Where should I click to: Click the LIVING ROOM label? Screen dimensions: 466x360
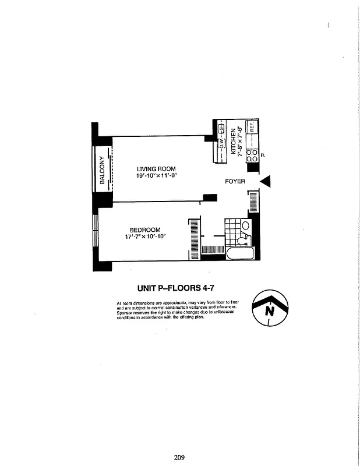coord(156,169)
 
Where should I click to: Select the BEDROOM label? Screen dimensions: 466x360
coord(144,230)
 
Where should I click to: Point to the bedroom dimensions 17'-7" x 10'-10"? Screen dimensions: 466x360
coord(145,236)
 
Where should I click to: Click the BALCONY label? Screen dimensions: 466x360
coord(102,170)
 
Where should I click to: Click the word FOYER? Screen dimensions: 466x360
coord(234,182)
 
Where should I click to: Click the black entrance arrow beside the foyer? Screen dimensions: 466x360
coord(266,182)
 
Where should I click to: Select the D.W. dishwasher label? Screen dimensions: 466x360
coord(221,142)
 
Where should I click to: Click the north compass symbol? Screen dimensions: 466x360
coord(270,308)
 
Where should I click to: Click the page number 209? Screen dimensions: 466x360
coord(179,457)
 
